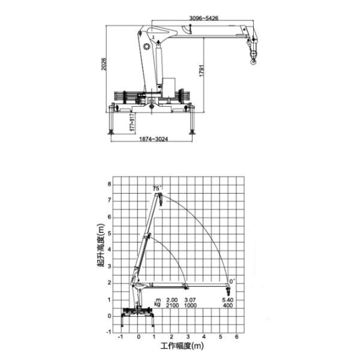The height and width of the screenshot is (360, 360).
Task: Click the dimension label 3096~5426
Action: tap(203, 19)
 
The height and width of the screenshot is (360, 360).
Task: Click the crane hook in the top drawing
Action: tap(253, 56)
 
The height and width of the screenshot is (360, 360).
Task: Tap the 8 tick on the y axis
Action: tap(110, 184)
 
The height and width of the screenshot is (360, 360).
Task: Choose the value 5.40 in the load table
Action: tap(227, 300)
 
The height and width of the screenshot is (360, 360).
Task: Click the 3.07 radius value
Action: tap(189, 300)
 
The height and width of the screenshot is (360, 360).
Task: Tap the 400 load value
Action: tap(227, 306)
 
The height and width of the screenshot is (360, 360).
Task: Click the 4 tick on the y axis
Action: tap(110, 250)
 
